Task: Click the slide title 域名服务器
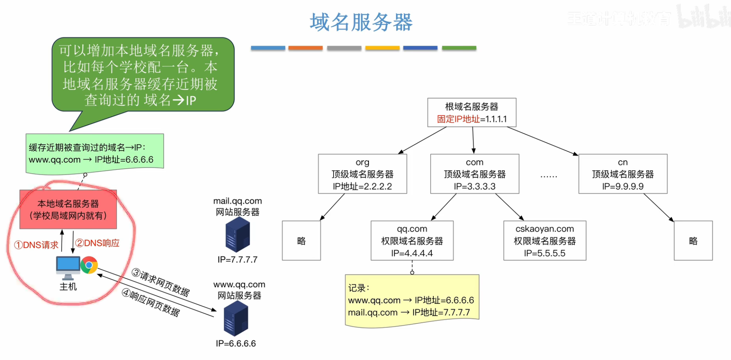361,22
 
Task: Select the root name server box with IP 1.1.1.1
472,113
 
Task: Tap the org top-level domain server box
362,174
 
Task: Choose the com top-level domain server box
474,174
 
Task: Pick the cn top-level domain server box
623,174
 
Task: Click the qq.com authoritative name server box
412,241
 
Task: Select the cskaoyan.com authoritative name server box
545,241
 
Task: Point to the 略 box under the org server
301,241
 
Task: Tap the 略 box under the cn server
693,241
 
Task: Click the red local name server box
68,209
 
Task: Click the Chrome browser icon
89,265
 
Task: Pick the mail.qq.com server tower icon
238,235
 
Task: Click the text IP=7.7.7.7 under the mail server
238,259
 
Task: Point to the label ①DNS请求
36,245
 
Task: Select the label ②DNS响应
97,243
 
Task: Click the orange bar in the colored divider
305,48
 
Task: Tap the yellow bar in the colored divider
382,48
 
